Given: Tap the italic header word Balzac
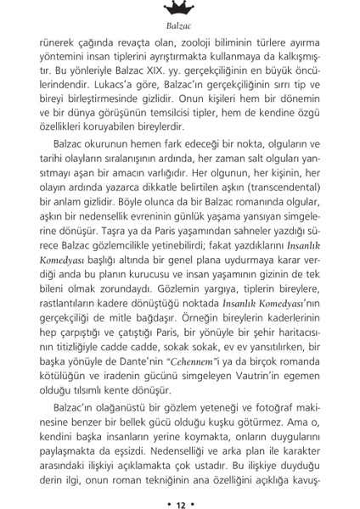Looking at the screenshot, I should tap(180, 27).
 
